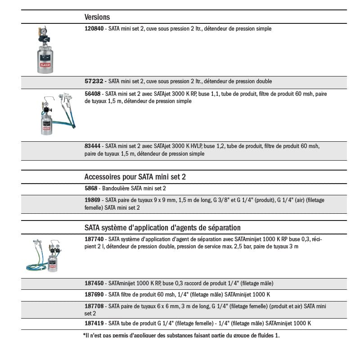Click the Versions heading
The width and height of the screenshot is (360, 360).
97,17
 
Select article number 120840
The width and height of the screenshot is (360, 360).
94,29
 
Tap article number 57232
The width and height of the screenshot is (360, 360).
94,81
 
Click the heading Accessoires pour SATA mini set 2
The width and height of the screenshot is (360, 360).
135,177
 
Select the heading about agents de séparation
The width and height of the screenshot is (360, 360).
162,228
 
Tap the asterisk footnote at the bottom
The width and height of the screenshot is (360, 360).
181,335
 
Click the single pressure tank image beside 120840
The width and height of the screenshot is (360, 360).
45,50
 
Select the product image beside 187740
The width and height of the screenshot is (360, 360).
45,256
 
